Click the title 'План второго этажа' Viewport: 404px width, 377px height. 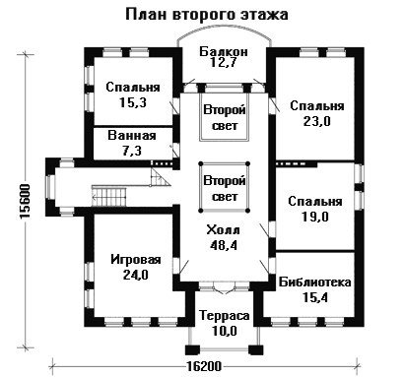pos(207,15)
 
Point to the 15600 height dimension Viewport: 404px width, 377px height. pos(25,201)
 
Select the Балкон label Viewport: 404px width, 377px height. pos(224,52)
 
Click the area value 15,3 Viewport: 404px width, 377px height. pos(133,102)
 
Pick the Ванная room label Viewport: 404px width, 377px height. pos(132,136)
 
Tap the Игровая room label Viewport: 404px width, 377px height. pos(136,260)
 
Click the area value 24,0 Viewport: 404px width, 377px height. pos(136,275)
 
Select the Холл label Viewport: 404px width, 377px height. pos(223,230)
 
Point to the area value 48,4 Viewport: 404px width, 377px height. pos(224,245)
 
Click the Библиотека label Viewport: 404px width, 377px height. pos(315,283)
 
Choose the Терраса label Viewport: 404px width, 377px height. pos(225,316)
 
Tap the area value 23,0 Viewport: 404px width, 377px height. pos(317,121)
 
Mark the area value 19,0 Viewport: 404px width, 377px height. pos(315,217)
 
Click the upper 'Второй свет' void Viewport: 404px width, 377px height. pos(225,117)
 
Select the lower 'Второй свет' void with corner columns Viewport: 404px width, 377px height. pos(225,187)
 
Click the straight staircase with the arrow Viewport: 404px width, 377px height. pos(109,197)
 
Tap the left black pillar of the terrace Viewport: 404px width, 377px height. pos(192,349)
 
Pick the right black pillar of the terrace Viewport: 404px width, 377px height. pos(256,349)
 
